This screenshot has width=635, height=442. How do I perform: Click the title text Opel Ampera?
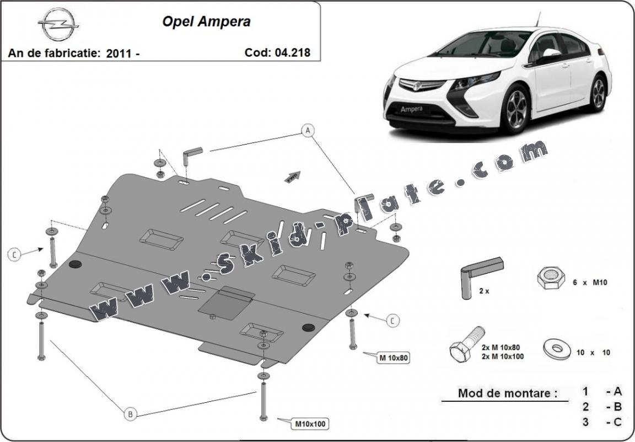(206, 22)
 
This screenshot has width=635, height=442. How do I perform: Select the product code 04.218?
(292, 52)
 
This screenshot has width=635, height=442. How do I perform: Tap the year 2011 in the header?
(119, 53)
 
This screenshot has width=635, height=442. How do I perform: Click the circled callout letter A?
(308, 131)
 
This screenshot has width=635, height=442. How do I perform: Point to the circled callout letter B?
(130, 414)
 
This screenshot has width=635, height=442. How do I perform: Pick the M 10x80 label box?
(392, 358)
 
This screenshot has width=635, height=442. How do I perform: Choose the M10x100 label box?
(310, 424)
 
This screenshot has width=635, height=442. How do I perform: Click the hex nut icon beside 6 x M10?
(551, 278)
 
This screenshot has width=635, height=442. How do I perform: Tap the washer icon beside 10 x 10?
(557, 349)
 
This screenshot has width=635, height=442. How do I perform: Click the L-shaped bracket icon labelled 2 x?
(480, 277)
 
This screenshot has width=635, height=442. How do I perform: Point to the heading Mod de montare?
(508, 393)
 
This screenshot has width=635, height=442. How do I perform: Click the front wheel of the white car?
(516, 109)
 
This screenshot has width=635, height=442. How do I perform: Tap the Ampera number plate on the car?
(411, 109)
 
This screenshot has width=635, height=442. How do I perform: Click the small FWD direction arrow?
(293, 177)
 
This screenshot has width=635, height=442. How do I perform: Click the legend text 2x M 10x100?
(503, 356)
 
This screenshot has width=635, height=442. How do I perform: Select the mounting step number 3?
(585, 422)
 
